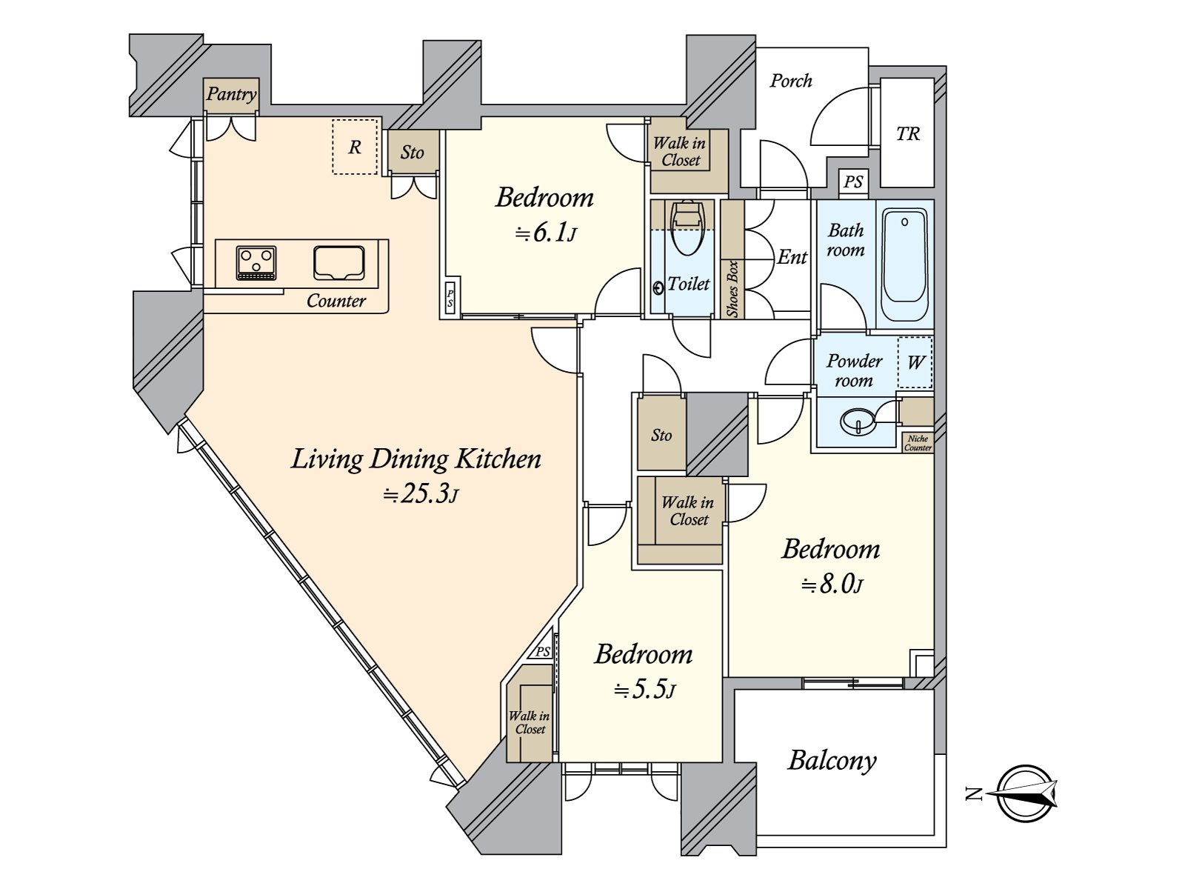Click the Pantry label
(x=231, y=94)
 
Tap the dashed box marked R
(x=355, y=147)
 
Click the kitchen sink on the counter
(x=339, y=263)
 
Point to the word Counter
(x=336, y=301)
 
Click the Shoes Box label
(x=732, y=289)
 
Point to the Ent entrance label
(x=792, y=257)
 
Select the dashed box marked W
(x=915, y=362)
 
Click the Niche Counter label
(x=918, y=443)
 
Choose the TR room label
(x=908, y=134)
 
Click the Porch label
(x=790, y=81)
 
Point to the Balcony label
(x=832, y=760)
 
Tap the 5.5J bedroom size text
(x=644, y=691)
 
